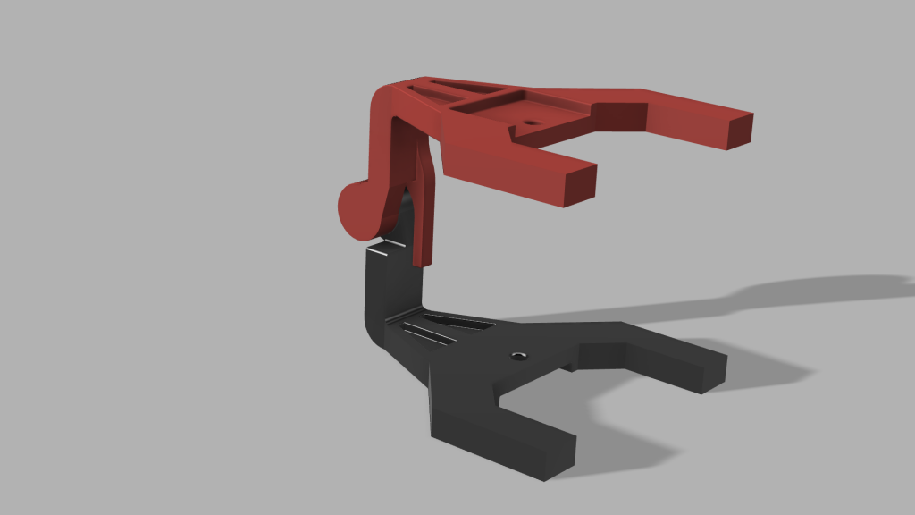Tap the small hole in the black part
point(517,357)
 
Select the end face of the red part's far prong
point(741,131)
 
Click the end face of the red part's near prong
point(581,185)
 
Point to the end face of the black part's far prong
point(709,374)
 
